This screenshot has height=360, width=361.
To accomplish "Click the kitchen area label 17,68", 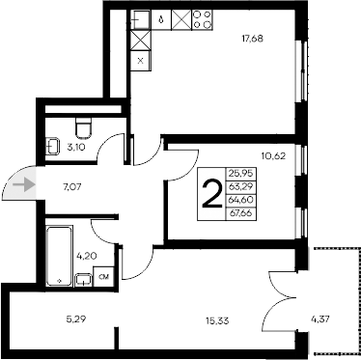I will pyautogui.click(x=254, y=40).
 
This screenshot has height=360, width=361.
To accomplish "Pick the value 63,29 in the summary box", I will pyautogui.click(x=237, y=187).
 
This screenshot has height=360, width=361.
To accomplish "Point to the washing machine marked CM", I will pyautogui.click(x=103, y=278).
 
